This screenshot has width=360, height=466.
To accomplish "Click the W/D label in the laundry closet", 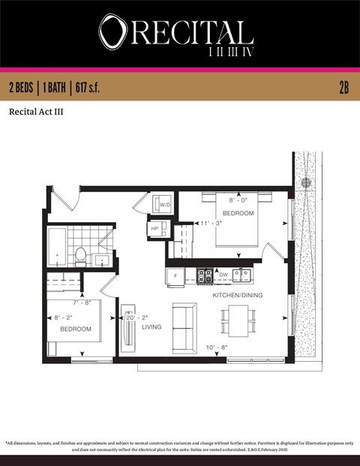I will [x=165, y=203].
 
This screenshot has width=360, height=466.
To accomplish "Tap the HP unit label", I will [x=155, y=229].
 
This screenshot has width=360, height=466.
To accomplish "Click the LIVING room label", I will [x=151, y=326].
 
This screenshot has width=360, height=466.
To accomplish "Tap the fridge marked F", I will [x=175, y=276].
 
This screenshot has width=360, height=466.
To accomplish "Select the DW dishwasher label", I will [x=223, y=275].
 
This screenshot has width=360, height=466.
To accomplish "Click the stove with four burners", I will [x=204, y=275].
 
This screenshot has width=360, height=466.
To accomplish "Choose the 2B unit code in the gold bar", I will [x=343, y=87].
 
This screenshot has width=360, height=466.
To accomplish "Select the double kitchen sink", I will [x=241, y=275].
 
